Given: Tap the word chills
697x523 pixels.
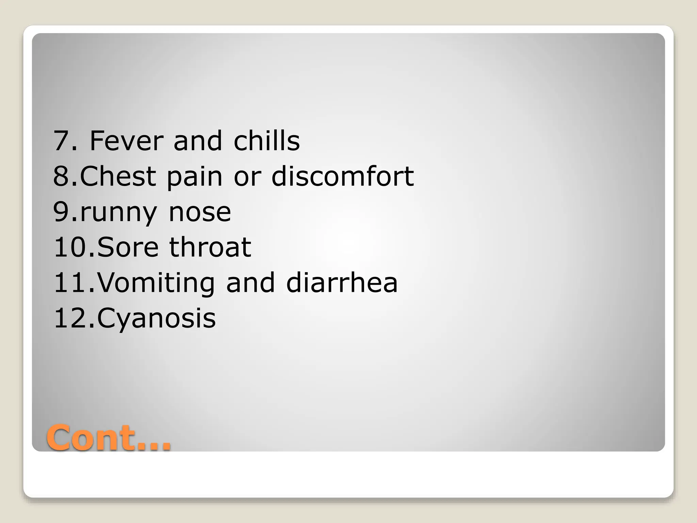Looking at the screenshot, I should pyautogui.click(x=266, y=141).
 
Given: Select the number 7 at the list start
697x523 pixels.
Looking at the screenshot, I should pyautogui.click(x=61, y=141).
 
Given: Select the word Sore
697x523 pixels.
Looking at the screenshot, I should pyautogui.click(x=128, y=248).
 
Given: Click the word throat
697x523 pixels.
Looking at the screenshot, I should pyautogui.click(x=210, y=248).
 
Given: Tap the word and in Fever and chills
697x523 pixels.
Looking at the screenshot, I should pyautogui.click(x=198, y=141).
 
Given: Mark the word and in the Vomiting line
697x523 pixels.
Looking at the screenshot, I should pyautogui.click(x=250, y=283).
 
